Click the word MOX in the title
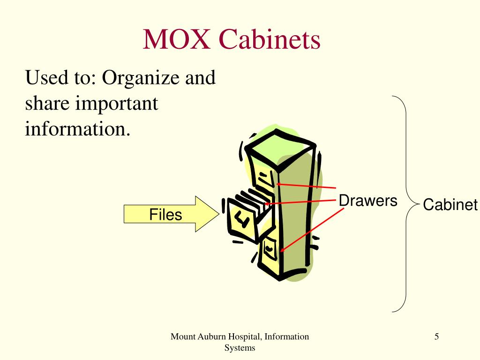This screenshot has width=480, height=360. [177, 39]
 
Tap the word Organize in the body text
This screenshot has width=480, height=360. [142, 77]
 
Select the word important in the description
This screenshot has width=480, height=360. [115, 104]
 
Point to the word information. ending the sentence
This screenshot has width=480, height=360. [77, 128]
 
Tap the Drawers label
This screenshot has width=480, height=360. [368, 201]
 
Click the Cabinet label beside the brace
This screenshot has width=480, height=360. [450, 205]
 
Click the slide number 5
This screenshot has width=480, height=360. [436, 336]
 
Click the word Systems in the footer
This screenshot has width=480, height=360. [240, 348]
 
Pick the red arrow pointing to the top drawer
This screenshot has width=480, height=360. [307, 186]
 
